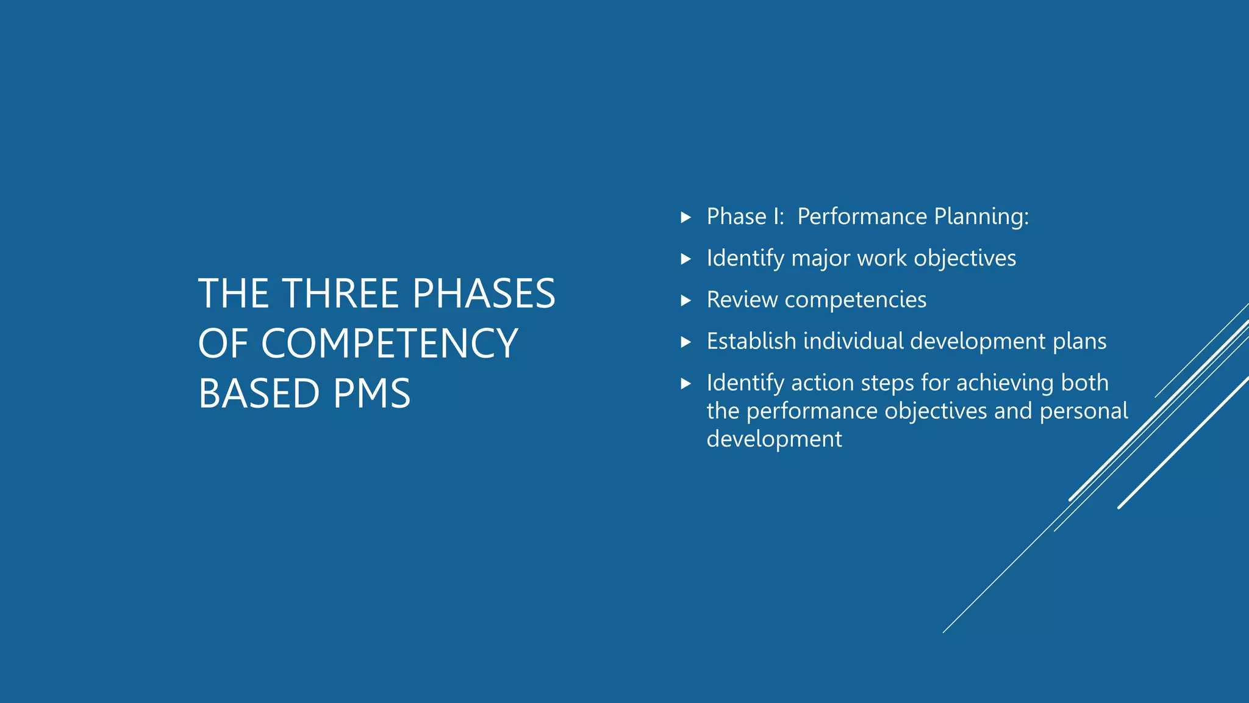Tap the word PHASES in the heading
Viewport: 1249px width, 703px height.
[484, 294]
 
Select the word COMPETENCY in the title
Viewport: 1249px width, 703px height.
[389, 344]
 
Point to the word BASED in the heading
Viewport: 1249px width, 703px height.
[259, 394]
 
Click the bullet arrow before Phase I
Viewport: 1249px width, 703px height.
[685, 217]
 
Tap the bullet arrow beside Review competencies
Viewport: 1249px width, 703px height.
[685, 300]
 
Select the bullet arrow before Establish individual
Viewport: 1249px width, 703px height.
[685, 342]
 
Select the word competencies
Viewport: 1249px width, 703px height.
[855, 300]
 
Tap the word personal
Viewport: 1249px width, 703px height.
[1084, 411]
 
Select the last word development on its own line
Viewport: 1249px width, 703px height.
[774, 439]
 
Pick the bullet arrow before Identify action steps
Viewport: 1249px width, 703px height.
[685, 383]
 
